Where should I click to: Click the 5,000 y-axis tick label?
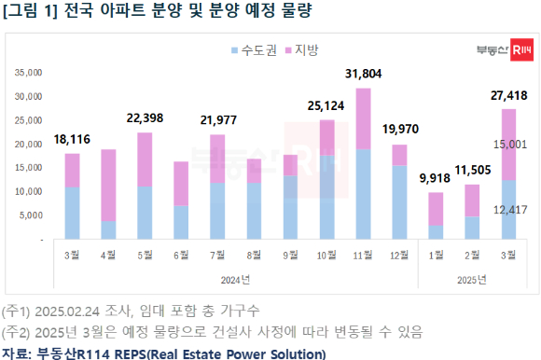(34, 215)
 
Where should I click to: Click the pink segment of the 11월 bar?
(363, 118)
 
